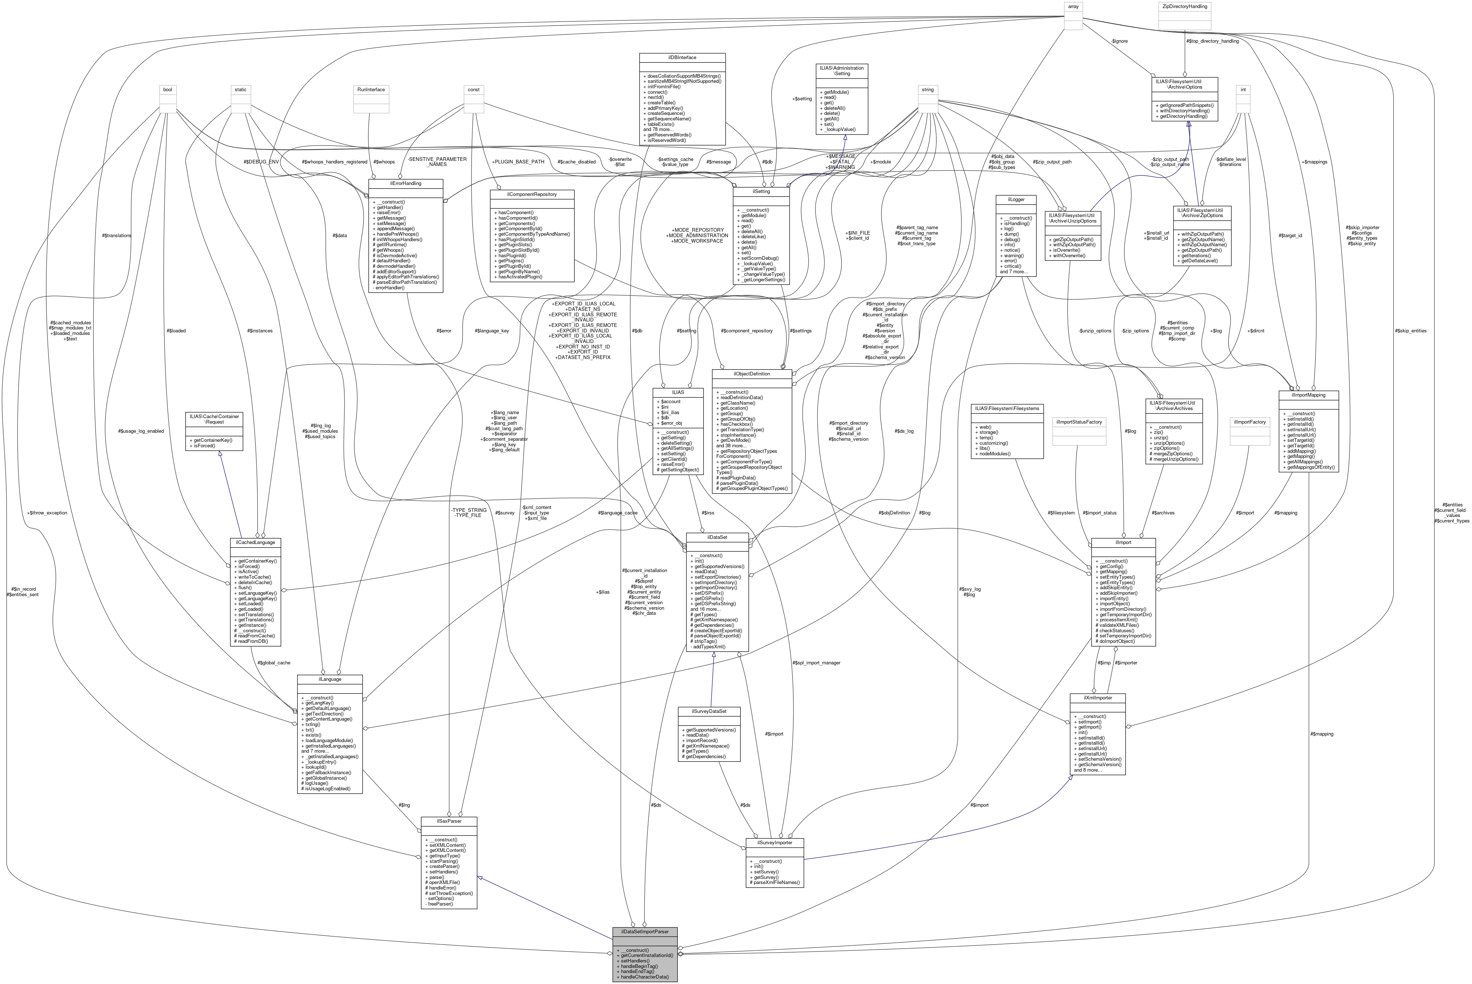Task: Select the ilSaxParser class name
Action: [x=449, y=821]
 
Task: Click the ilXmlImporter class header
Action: [x=1097, y=698]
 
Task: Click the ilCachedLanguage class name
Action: [x=255, y=541]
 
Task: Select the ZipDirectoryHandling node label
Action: [x=1184, y=6]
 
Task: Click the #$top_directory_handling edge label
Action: [x=1212, y=41]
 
